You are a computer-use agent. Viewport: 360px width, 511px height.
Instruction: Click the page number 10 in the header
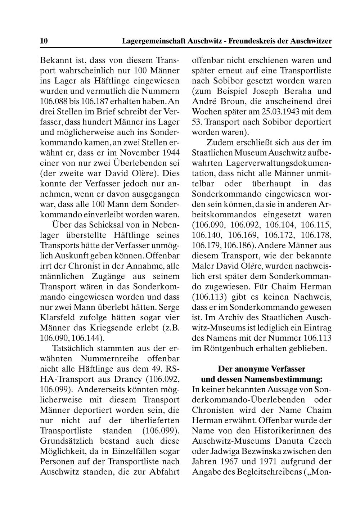pyautogui.click(x=44, y=41)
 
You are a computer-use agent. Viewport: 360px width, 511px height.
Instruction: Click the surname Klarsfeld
pyautogui.click(x=57, y=318)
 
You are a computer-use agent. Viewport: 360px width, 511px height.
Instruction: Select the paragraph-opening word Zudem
pyautogui.click(x=219, y=143)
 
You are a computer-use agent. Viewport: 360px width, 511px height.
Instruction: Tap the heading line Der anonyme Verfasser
pyautogui.click(x=261, y=369)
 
